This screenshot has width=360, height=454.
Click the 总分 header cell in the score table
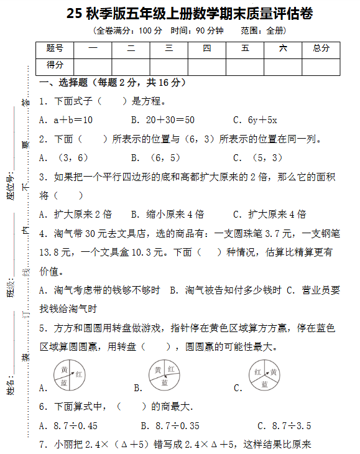click(321, 49)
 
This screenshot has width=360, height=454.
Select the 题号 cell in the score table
click(55, 49)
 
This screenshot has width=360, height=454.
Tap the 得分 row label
click(55, 65)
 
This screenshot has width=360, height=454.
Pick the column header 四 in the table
click(206, 49)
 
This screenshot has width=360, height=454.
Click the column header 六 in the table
click(283, 49)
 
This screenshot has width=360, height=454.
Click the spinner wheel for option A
click(69, 376)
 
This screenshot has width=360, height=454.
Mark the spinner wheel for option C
click(264, 376)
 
